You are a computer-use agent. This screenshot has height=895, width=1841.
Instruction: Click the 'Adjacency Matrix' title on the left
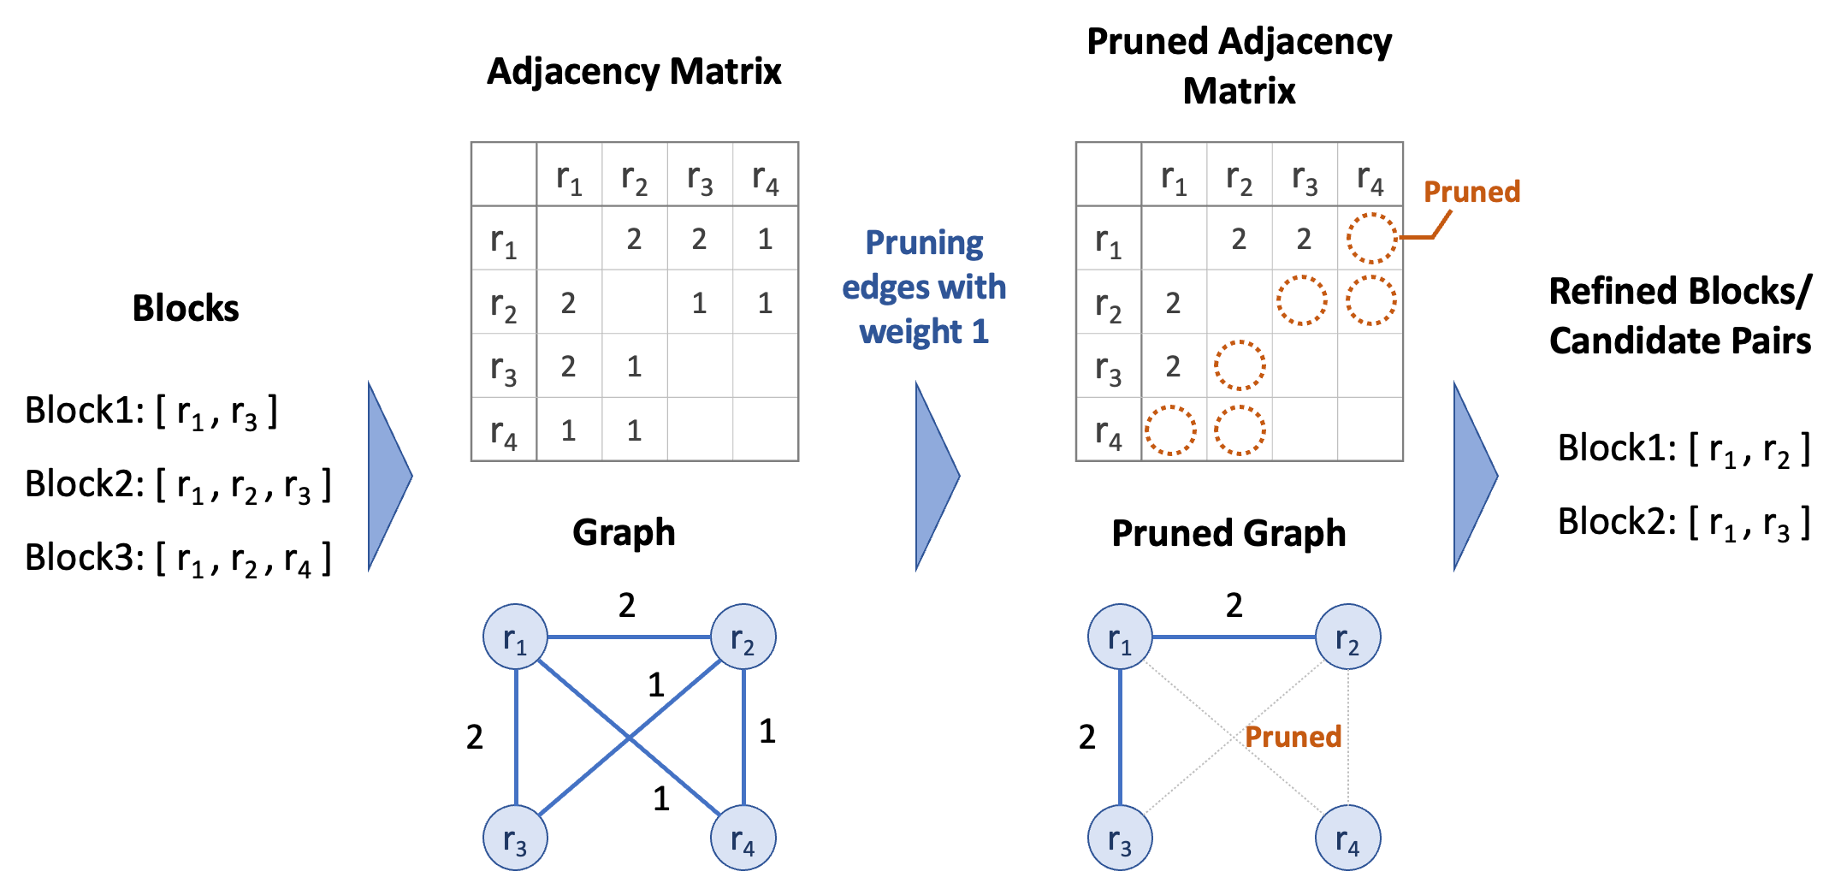pos(634,72)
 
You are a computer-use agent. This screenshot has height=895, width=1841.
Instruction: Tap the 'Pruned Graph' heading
pos(1228,533)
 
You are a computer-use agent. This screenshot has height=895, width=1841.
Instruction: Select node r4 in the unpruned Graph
pos(743,839)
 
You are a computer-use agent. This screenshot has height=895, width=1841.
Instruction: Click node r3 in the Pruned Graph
pos(1120,839)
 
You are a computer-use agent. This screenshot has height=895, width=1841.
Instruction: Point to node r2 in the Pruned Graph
pos(1347,637)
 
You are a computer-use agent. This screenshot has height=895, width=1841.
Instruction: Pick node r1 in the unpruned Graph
pos(515,637)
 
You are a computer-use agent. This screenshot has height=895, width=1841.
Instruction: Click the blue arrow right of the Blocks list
pos(389,476)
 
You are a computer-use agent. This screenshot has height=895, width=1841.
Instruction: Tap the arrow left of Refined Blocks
pos(1475,476)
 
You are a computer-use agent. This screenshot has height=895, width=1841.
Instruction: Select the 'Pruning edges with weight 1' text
pos(924,287)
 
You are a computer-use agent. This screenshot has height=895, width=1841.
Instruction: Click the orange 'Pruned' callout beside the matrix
pos(1471,192)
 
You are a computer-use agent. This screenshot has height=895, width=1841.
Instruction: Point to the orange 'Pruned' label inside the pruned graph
pos(1293,737)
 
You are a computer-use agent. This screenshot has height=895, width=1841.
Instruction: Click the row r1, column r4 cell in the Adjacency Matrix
pos(765,239)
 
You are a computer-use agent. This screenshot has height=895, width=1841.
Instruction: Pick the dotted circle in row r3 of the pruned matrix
pos(1240,366)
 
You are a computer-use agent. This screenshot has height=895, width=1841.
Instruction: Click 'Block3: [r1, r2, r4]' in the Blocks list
pos(177,559)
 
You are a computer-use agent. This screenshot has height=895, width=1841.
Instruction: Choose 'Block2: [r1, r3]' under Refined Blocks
pos(1683,523)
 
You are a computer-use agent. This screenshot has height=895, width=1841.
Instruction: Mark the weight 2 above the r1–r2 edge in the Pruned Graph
pos(1234,606)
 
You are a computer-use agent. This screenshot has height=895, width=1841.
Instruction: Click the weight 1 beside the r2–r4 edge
pos(767,732)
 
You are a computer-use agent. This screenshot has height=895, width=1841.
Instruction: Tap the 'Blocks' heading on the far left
pos(186,308)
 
